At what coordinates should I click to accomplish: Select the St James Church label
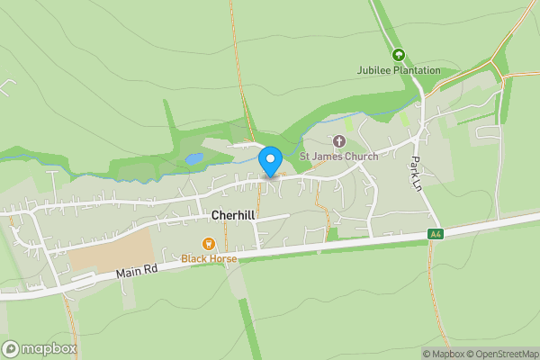click(338, 156)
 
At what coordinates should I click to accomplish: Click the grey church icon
click(339, 140)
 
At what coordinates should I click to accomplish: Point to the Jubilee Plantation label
click(400, 70)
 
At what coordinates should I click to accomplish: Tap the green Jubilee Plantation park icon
click(400, 55)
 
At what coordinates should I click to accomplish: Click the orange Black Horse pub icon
click(209, 243)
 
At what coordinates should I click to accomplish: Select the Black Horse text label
click(209, 258)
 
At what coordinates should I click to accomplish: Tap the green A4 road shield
click(435, 234)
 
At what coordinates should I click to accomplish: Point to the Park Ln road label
click(416, 170)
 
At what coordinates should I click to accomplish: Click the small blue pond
click(194, 158)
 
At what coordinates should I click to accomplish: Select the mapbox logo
click(40, 348)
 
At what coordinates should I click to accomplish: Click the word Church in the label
click(361, 156)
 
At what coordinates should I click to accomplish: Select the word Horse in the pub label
click(223, 258)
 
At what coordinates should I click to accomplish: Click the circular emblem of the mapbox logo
click(11, 348)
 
